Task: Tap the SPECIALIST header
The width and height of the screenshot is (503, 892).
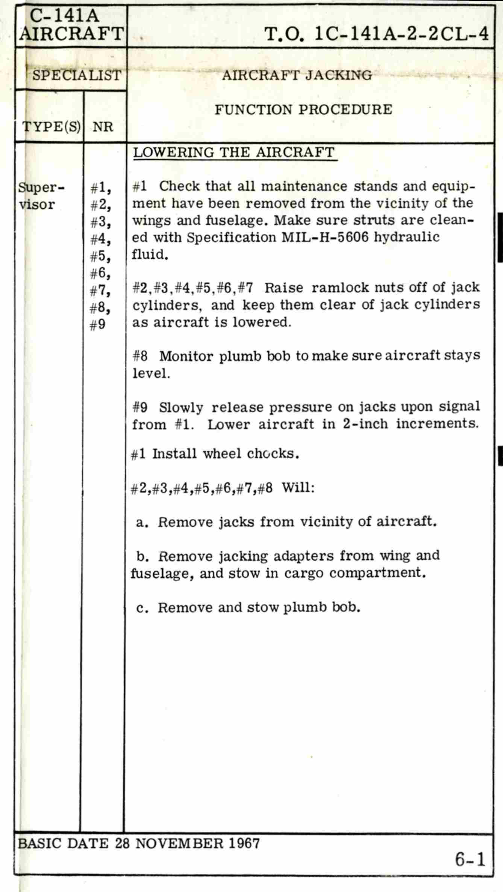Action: (77, 75)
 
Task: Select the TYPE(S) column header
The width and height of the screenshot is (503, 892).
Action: (52, 127)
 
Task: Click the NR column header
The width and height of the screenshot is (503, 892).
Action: (103, 127)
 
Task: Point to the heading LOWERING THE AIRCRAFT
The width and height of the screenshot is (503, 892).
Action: (234, 153)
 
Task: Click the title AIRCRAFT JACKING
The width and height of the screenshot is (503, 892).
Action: (297, 75)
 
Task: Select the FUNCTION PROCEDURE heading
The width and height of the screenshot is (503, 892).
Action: (303, 110)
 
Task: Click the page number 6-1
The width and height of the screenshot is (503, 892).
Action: (470, 859)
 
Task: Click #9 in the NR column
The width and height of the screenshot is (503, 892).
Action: (98, 324)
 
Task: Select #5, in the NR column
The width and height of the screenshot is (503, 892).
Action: (100, 256)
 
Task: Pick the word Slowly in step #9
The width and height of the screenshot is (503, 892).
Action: (181, 407)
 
